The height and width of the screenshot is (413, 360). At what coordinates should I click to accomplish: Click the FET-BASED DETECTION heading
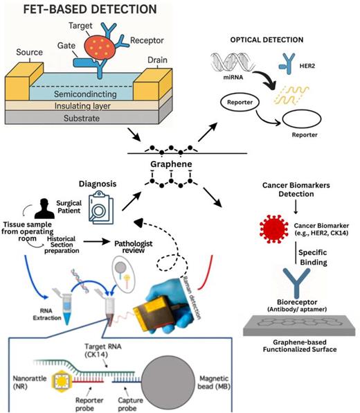pos(79,12)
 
